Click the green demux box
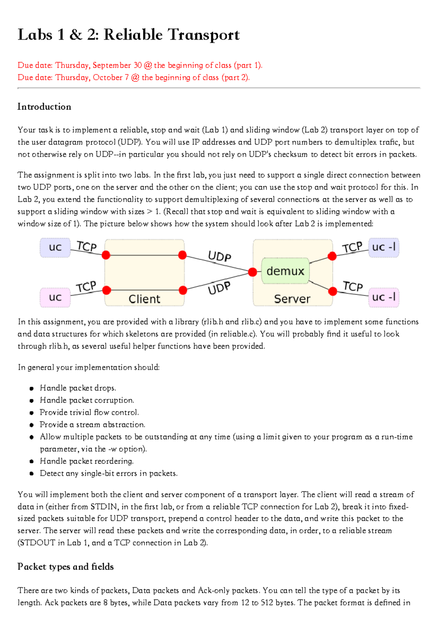285,271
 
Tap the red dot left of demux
252,272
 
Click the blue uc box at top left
55,247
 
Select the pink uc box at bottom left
55,297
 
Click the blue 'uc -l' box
384,247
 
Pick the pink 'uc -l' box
384,297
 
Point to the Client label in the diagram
144,299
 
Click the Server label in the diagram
292,299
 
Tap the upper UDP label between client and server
219,256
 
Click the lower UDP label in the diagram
219,288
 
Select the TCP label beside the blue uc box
87,247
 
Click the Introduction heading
44,107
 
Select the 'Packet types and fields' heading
65,566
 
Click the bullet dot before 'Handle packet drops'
32,388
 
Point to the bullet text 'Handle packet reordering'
87,461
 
